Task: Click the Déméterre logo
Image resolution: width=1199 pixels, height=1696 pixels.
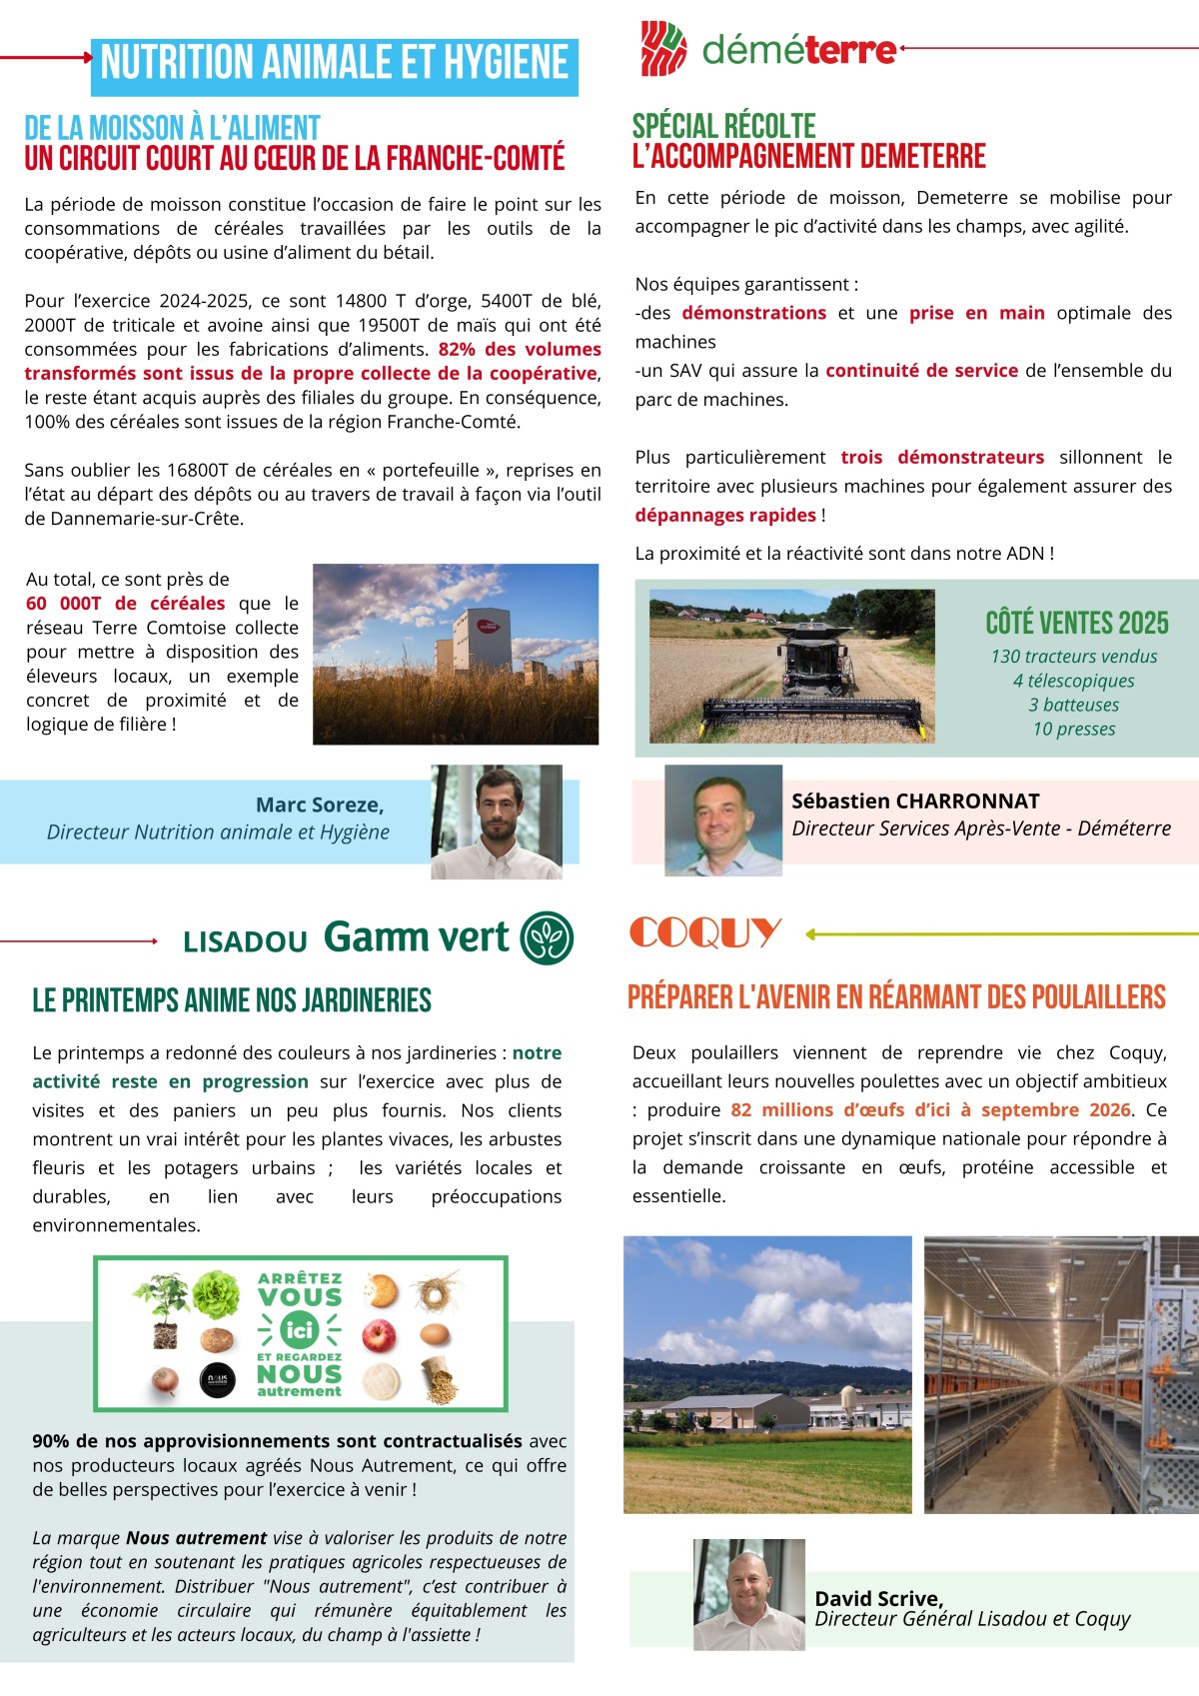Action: [768, 49]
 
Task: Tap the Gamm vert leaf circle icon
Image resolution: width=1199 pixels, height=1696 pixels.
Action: [549, 937]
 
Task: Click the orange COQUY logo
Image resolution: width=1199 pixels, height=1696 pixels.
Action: [704, 933]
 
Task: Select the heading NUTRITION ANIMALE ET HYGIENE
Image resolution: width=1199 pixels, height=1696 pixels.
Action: [334, 64]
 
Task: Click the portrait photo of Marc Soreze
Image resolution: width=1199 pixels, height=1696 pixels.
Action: [497, 822]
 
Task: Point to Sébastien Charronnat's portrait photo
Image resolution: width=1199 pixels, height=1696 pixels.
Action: [723, 821]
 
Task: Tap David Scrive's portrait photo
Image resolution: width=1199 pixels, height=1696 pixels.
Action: [748, 1594]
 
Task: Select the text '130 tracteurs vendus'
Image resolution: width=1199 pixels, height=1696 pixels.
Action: [1074, 657]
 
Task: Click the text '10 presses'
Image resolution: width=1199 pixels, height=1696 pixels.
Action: [1074, 729]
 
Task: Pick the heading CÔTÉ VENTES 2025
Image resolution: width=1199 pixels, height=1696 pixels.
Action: [1076, 623]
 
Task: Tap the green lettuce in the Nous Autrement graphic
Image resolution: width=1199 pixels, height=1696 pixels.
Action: [216, 1294]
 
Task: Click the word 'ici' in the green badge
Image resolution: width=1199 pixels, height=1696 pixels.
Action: [299, 1330]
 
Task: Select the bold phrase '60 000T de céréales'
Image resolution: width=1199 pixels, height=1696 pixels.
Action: [126, 604]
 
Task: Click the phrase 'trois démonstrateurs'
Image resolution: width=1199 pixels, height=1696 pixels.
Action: [942, 458]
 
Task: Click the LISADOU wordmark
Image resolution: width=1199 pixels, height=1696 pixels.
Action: [245, 941]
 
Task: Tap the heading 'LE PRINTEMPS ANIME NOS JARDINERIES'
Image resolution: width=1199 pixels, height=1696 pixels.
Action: [232, 1000]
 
